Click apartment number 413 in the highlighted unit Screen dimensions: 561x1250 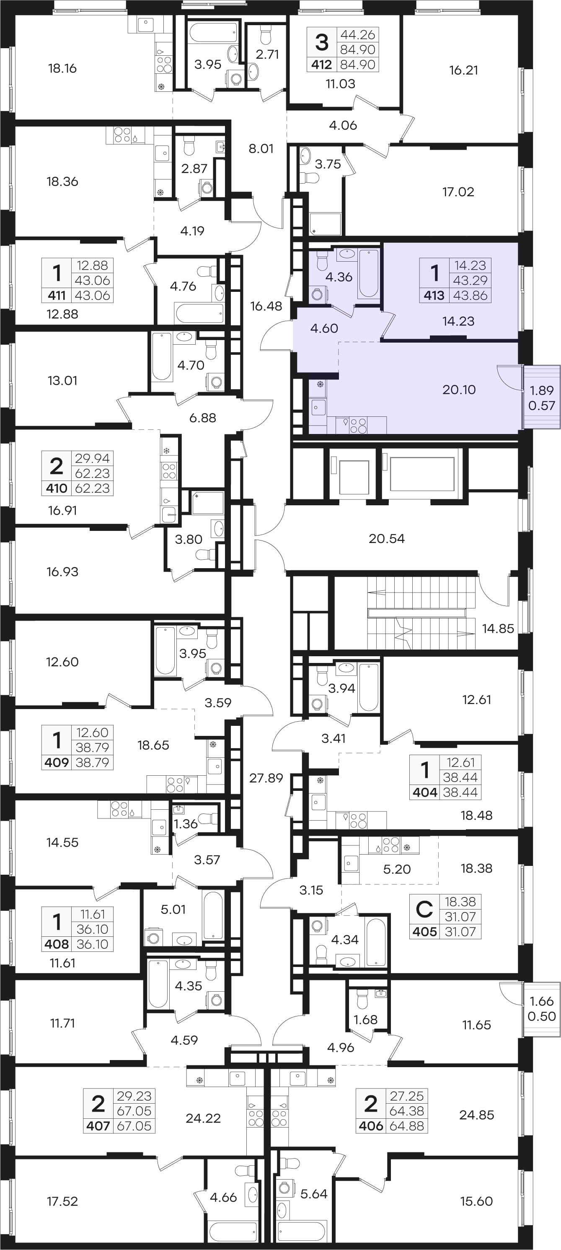pyautogui.click(x=434, y=295)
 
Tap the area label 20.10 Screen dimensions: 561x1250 pyautogui.click(x=459, y=389)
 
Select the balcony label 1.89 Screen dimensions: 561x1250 pyautogui.click(x=541, y=390)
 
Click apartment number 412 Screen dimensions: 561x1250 pyautogui.click(x=321, y=65)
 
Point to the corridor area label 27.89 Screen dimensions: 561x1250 pyautogui.click(x=266, y=778)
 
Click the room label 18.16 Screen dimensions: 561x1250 pyautogui.click(x=62, y=68)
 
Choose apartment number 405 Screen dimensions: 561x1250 pyautogui.click(x=424, y=932)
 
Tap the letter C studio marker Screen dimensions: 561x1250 pyautogui.click(x=424, y=909)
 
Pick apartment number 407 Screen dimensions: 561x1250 pyautogui.click(x=98, y=1126)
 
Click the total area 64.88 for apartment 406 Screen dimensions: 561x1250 pyautogui.click(x=406, y=1126)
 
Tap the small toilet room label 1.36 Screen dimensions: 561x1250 pyautogui.click(x=186, y=824)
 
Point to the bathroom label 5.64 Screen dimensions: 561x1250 pyautogui.click(x=314, y=1194)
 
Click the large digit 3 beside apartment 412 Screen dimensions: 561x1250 pyautogui.click(x=321, y=42)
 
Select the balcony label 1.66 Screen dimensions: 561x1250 pyautogui.click(x=541, y=1001)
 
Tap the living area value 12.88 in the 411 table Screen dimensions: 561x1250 pyautogui.click(x=92, y=265)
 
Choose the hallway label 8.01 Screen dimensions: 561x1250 pyautogui.click(x=261, y=148)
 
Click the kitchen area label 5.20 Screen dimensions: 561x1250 pyautogui.click(x=397, y=869)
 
